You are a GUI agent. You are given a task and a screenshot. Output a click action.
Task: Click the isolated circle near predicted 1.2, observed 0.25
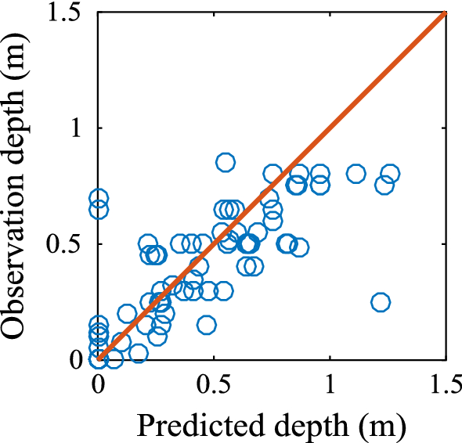click(381, 302)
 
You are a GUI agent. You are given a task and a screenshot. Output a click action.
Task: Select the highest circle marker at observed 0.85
click(226, 163)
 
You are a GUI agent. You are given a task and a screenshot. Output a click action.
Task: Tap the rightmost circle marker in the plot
click(390, 174)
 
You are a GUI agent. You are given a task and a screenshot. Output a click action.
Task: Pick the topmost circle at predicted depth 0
click(99, 198)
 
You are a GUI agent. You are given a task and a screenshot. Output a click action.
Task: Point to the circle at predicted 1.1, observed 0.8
click(356, 174)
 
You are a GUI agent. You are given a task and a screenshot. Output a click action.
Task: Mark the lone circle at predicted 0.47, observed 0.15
click(207, 325)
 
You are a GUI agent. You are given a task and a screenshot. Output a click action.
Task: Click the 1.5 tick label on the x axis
click(445, 386)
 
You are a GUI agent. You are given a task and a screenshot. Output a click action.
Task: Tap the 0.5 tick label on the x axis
click(214, 386)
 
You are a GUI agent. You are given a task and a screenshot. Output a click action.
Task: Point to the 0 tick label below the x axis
click(99, 386)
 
